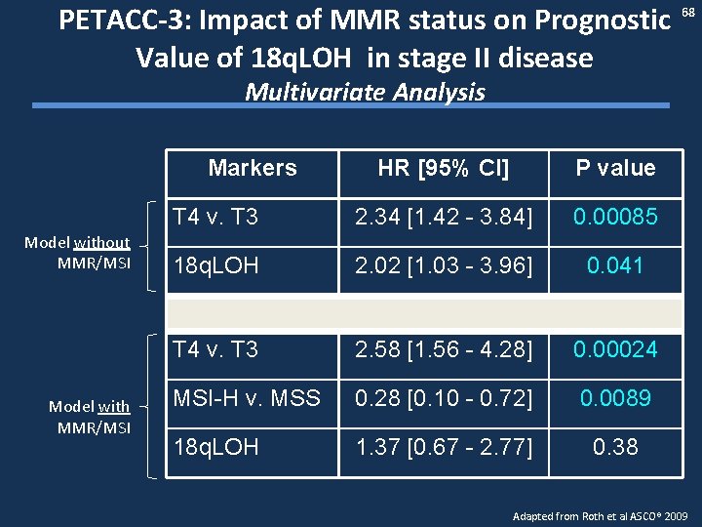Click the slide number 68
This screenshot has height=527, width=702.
click(687, 11)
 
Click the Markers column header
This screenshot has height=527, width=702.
click(253, 168)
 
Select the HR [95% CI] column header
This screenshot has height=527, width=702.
click(444, 168)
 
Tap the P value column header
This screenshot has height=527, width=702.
click(615, 168)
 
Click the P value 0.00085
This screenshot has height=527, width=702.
click(615, 217)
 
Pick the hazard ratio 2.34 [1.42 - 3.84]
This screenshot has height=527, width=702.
click(444, 217)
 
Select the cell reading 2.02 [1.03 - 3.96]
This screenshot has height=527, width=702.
click(444, 265)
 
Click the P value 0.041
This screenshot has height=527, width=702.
click(615, 265)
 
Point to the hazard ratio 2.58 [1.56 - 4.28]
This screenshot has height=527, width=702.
click(444, 349)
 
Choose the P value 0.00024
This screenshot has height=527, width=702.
click(615, 349)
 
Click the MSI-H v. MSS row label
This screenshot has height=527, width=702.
click(246, 398)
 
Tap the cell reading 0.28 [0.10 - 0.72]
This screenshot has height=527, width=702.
click(444, 398)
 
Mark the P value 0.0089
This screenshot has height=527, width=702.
click(615, 398)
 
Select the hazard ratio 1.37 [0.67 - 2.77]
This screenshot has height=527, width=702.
click(444, 447)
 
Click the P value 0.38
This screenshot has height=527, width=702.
click(615, 447)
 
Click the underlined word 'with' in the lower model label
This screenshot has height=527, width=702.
click(113, 406)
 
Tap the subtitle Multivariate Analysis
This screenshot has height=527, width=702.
click(365, 93)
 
